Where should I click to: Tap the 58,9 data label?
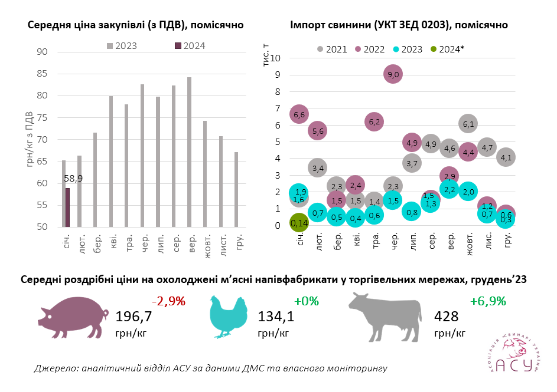[x=73, y=177]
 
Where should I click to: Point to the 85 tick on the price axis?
[x=42, y=74]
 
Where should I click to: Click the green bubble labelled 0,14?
[x=299, y=223]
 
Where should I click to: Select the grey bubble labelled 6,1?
[x=468, y=124]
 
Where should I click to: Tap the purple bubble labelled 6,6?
[x=299, y=114]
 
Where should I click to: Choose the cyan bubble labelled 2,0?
[x=468, y=192]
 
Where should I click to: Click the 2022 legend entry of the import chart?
[x=370, y=50]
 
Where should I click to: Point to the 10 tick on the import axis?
[x=275, y=58]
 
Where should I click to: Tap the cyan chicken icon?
[x=229, y=317]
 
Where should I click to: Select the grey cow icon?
[x=385, y=317]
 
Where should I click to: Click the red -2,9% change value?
[x=168, y=301]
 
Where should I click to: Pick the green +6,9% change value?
[x=488, y=301]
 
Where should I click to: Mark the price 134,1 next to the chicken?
[x=276, y=317]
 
